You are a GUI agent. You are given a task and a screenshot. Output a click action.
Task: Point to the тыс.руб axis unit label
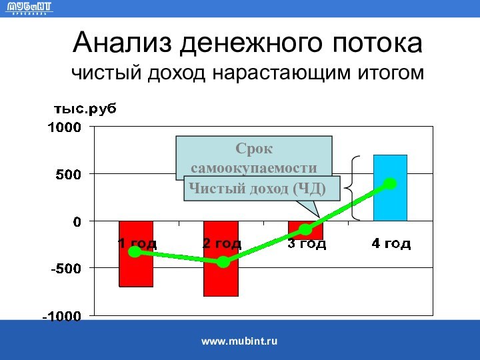84,109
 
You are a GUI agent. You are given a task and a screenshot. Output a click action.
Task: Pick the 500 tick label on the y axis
67,174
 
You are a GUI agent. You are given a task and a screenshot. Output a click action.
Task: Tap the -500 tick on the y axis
65,268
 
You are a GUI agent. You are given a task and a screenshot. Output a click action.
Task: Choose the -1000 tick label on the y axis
61,315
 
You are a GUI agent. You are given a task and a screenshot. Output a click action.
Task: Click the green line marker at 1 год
135,251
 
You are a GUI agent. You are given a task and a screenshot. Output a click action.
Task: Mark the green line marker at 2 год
223,262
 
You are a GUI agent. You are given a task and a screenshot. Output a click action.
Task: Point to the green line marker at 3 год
305,230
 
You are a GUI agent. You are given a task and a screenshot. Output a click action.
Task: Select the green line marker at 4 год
391,183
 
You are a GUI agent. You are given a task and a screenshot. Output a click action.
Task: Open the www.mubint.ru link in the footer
239,341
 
